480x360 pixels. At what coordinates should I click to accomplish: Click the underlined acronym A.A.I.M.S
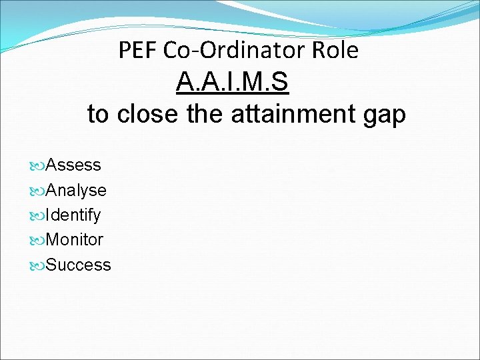[232, 83]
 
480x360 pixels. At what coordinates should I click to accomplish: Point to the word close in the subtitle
[147, 114]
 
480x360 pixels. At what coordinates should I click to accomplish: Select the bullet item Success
[79, 265]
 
